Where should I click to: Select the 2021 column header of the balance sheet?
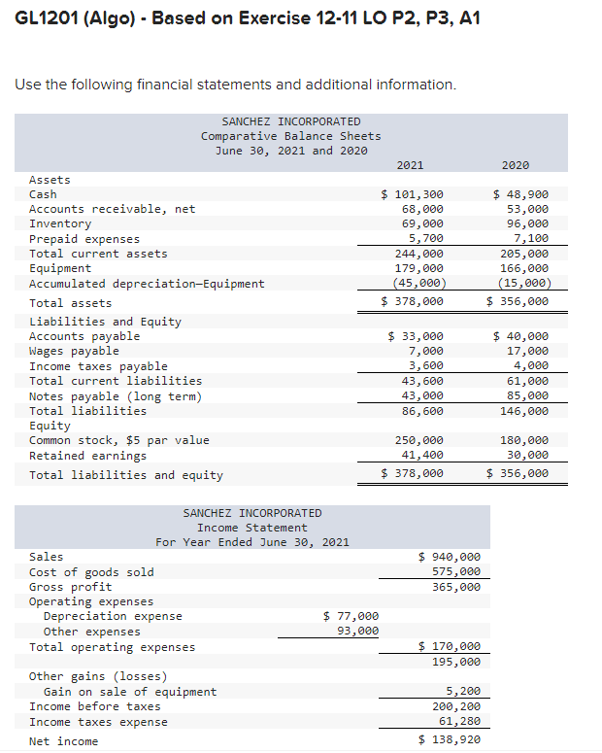411,165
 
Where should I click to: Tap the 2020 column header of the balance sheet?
516,165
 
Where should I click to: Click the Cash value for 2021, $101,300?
412,194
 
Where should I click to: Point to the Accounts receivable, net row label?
112,209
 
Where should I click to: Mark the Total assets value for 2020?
517,301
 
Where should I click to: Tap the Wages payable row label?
74,351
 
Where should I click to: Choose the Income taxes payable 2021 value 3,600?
425,365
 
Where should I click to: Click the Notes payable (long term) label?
116,395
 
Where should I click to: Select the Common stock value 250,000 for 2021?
418,440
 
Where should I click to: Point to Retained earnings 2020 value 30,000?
528,455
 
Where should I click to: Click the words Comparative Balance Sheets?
290,136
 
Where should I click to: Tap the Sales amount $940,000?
449,557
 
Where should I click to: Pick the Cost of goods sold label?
91,571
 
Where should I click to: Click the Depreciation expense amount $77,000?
351,616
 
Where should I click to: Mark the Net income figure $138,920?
449,740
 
